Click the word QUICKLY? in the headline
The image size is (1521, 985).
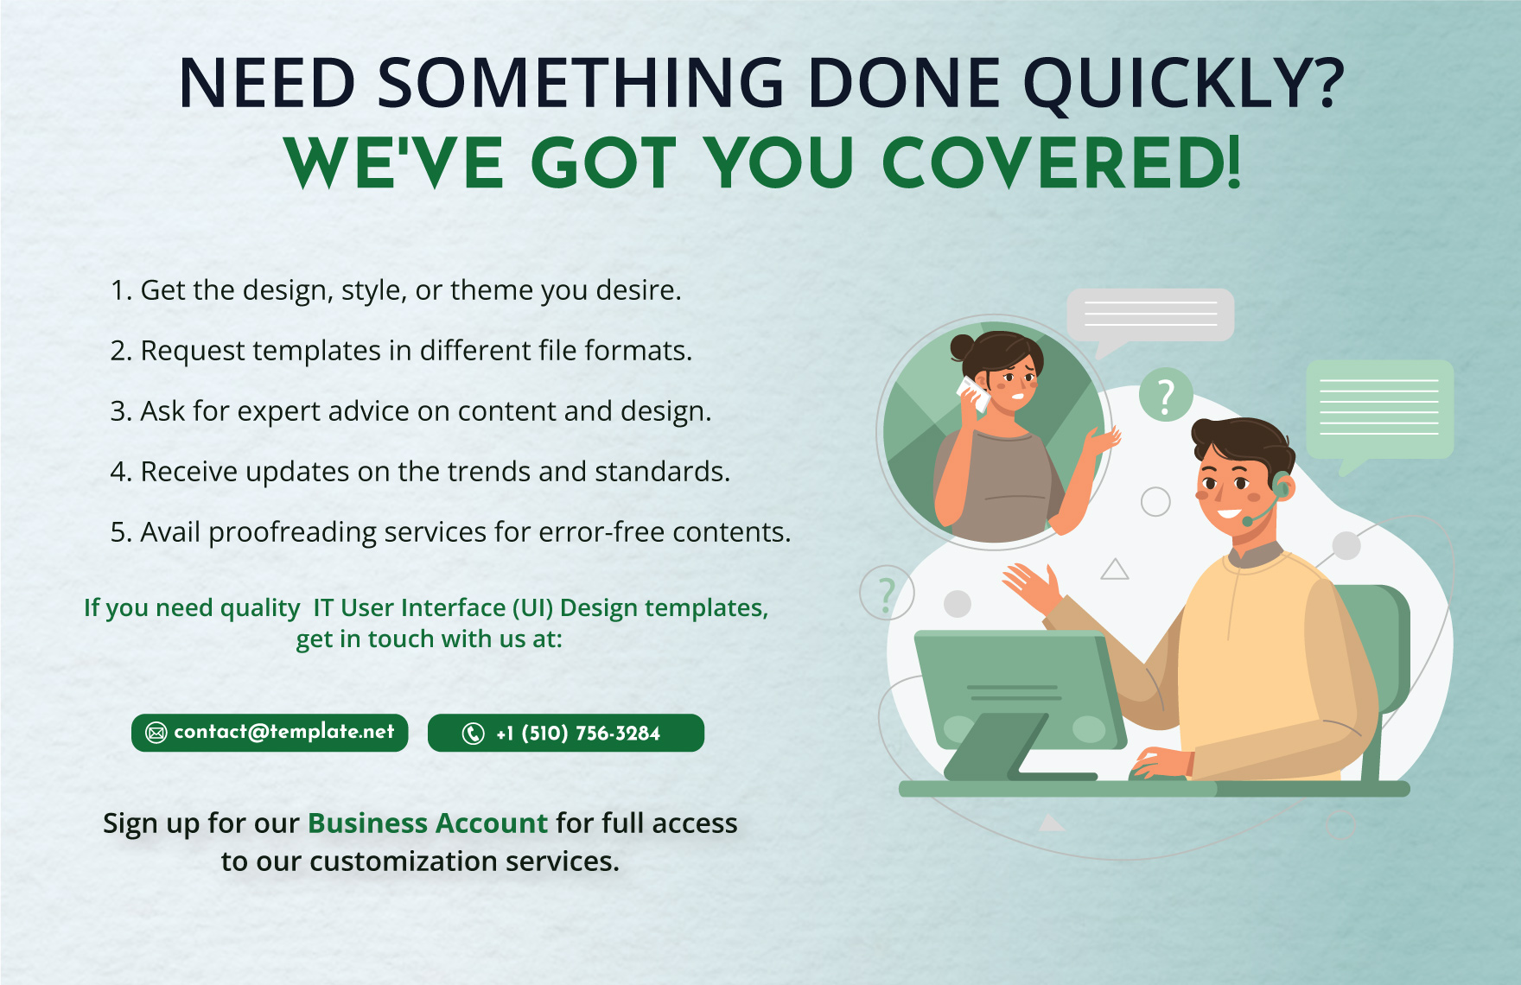(1183, 84)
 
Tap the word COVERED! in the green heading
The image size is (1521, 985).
(1061, 163)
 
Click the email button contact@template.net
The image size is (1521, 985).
(270, 733)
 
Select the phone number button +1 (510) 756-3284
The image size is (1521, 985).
(566, 733)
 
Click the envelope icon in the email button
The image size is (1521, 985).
(156, 734)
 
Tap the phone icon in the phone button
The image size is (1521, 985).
(473, 734)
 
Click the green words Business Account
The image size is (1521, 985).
(428, 823)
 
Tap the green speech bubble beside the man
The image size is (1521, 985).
(1379, 409)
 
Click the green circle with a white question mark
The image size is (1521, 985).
(1166, 396)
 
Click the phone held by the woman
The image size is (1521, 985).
(975, 393)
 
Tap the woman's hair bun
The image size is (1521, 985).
(962, 347)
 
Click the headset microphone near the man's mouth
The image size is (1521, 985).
(1248, 521)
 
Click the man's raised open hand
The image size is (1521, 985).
(1034, 587)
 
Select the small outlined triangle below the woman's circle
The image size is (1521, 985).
(1115, 570)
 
